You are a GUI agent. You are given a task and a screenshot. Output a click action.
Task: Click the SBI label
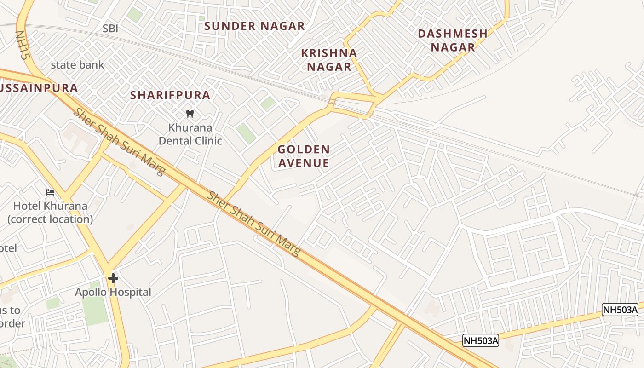110,29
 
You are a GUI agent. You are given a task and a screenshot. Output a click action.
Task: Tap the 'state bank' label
77,65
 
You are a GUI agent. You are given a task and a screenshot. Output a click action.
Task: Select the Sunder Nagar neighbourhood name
254,26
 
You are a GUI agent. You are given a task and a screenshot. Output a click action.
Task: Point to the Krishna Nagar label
329,60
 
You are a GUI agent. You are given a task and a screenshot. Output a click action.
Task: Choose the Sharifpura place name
170,95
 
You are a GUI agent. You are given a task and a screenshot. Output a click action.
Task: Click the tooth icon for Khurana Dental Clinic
190,114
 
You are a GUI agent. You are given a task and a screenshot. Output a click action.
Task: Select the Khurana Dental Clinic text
190,134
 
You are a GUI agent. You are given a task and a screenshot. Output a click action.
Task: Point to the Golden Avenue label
304,156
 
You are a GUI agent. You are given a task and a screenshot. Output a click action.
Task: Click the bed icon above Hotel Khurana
50,192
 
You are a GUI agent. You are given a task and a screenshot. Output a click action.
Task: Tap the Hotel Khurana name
50,206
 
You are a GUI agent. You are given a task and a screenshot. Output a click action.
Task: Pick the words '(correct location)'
50,219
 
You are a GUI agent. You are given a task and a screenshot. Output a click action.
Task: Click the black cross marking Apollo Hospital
113,278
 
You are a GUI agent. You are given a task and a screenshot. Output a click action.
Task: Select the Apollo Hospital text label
113,292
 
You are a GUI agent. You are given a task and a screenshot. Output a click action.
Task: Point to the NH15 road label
22,45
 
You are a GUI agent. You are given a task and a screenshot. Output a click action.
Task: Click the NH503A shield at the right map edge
620,310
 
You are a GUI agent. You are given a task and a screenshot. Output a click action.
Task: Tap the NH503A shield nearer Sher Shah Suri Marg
480,340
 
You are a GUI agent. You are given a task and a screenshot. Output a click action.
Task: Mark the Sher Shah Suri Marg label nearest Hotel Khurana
119,142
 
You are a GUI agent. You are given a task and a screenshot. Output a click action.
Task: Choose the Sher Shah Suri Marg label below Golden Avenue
253,224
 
